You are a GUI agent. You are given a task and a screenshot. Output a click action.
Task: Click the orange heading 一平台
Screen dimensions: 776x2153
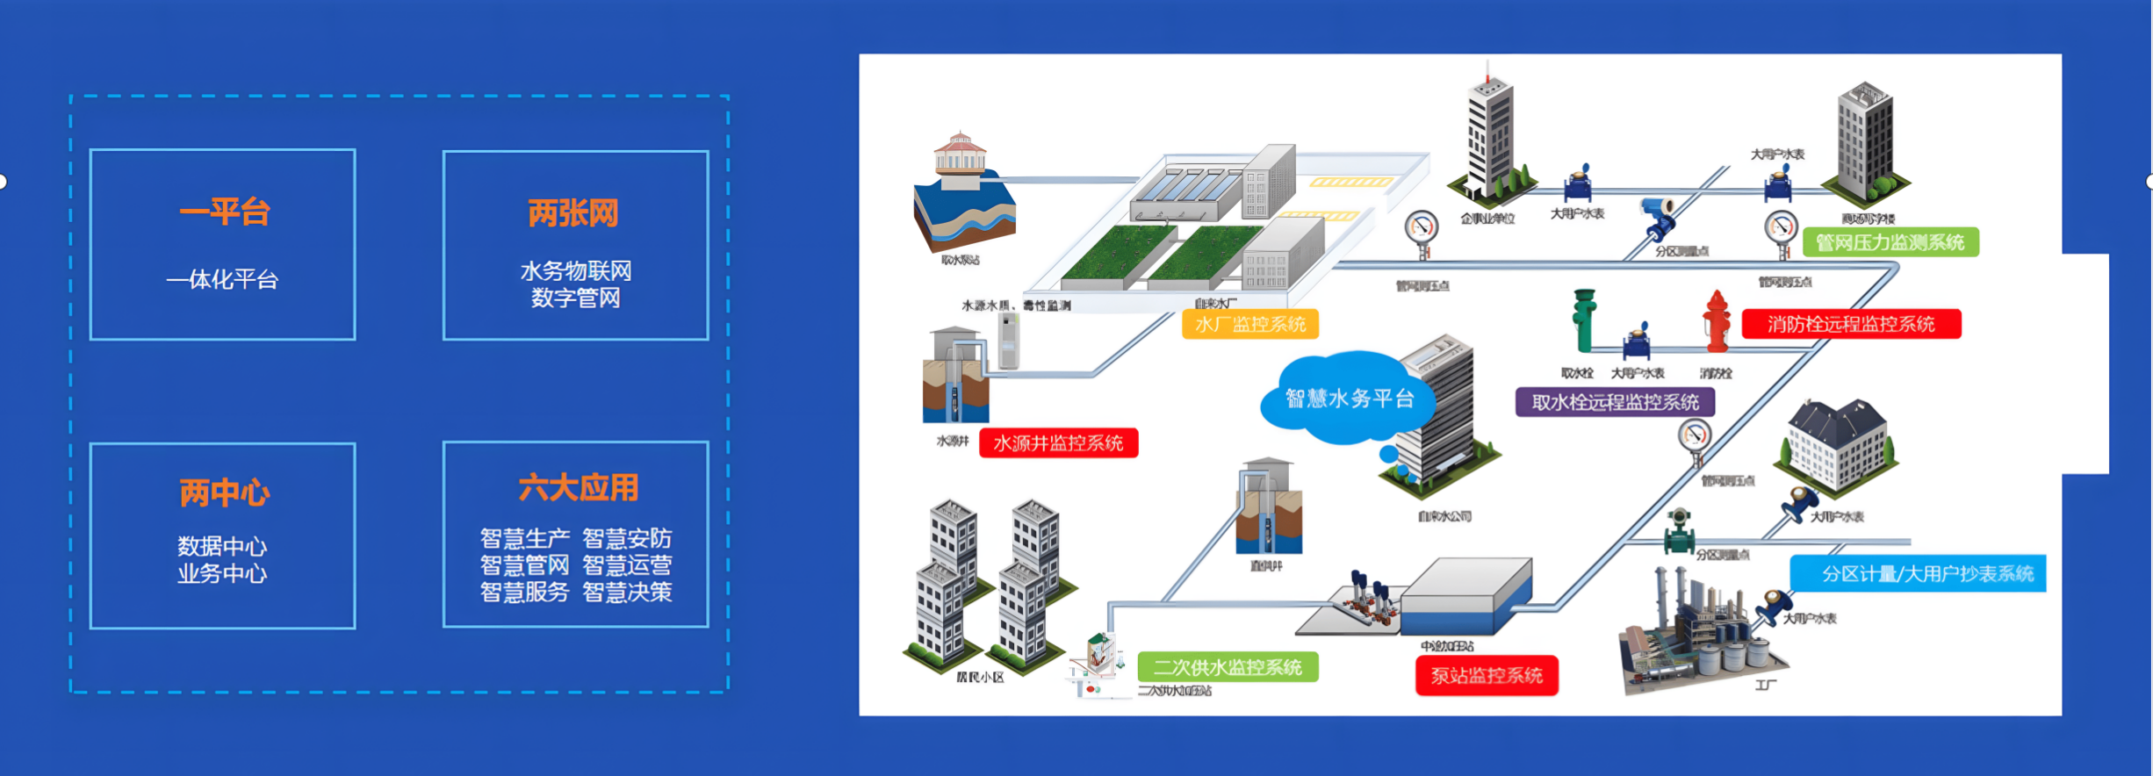click(224, 212)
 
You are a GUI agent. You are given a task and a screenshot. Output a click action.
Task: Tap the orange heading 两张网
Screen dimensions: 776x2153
click(573, 213)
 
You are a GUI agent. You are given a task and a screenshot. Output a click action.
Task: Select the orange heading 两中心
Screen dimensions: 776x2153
click(224, 493)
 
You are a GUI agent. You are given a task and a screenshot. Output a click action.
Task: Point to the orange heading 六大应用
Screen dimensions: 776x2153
click(578, 488)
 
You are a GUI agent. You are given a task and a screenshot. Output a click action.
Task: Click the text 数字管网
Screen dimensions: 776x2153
click(575, 298)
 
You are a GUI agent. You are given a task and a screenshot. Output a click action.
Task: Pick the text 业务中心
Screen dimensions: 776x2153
click(222, 574)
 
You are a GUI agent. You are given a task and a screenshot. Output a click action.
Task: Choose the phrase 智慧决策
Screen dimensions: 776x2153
click(627, 593)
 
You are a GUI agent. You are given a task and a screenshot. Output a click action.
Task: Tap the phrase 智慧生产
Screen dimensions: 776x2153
click(524, 538)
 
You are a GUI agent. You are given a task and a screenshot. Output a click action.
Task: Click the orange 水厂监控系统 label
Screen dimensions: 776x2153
click(1250, 325)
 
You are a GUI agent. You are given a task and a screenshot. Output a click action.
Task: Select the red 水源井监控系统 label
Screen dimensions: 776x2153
click(1058, 443)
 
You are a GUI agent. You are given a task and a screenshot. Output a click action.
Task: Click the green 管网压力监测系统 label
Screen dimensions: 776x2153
click(1890, 242)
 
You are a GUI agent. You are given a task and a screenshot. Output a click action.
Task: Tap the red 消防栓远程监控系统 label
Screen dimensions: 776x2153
click(1851, 324)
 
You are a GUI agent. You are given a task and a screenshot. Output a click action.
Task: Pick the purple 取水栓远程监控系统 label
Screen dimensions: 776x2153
click(1615, 402)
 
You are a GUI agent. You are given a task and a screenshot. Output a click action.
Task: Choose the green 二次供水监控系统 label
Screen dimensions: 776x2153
click(1227, 667)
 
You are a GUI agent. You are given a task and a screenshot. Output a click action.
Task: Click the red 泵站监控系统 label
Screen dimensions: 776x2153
click(1487, 675)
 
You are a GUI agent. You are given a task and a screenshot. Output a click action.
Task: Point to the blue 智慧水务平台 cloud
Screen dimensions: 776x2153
click(1349, 399)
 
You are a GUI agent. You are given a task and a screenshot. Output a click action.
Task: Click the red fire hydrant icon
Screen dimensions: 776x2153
click(1717, 322)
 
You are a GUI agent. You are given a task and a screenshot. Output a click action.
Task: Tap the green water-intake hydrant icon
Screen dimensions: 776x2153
click(1584, 321)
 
